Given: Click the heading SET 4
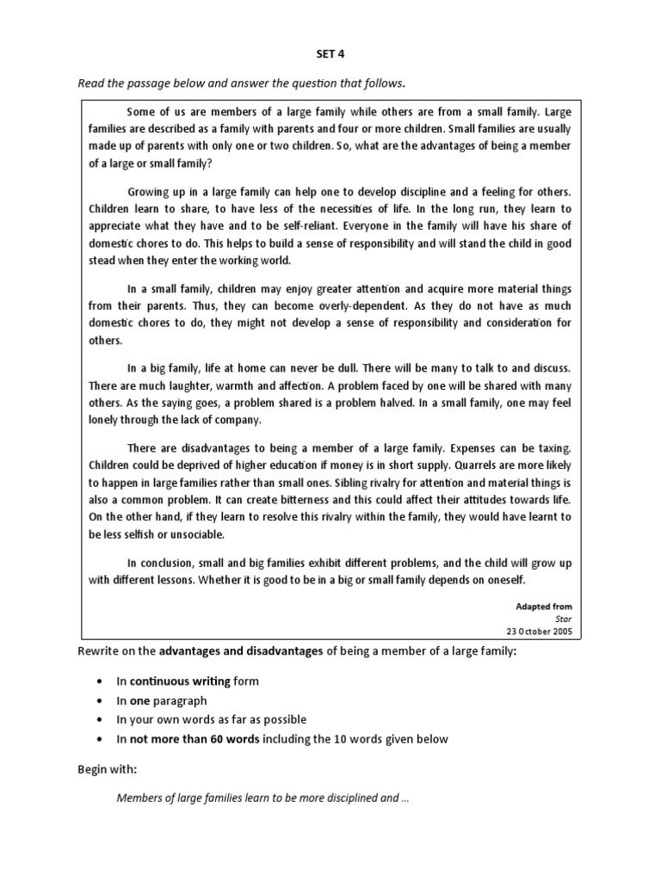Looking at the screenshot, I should click(x=330, y=54).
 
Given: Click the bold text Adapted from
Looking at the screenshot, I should click(x=543, y=607).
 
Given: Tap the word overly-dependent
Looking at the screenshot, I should click(x=280, y=306).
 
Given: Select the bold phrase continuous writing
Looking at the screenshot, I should click(x=180, y=681).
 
